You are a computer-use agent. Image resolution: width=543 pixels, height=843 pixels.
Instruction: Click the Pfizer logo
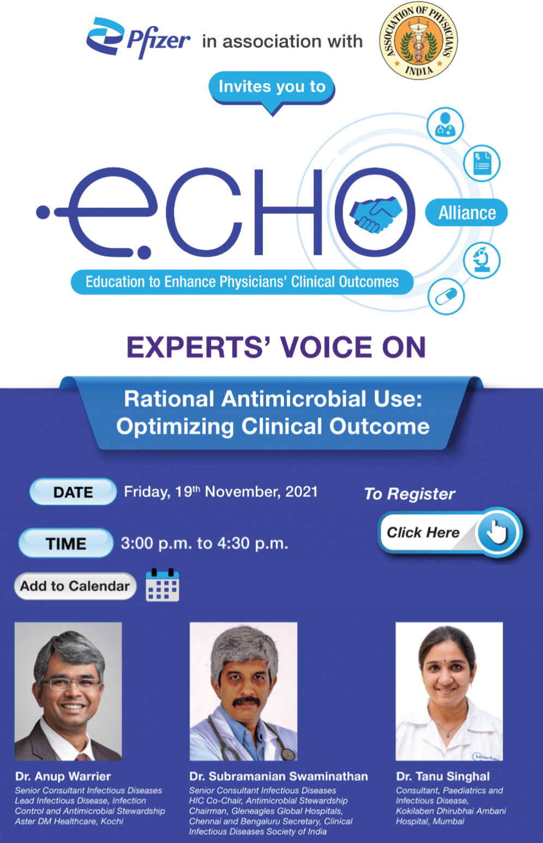click(137, 38)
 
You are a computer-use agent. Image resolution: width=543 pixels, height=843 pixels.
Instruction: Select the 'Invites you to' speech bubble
click(271, 88)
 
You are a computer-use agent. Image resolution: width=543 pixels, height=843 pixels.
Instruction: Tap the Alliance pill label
click(467, 213)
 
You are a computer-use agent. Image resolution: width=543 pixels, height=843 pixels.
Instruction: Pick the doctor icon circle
click(445, 126)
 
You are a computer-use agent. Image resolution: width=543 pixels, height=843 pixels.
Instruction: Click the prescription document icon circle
click(482, 163)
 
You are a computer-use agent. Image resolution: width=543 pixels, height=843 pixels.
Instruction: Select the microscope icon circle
click(481, 260)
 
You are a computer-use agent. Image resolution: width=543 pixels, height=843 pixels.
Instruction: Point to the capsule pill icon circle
click(445, 297)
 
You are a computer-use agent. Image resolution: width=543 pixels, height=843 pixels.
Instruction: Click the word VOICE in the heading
click(325, 347)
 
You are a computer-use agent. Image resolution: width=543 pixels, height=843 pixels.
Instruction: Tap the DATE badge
click(73, 492)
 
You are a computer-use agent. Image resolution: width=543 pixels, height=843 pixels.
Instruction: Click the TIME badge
click(66, 543)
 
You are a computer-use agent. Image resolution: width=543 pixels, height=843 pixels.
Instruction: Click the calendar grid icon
click(162, 586)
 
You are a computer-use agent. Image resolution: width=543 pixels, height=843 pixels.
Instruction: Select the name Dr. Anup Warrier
click(63, 776)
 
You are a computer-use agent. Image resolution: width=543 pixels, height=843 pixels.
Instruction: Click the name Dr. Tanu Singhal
click(443, 776)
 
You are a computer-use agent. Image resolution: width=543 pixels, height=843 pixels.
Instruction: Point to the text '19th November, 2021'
click(246, 492)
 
